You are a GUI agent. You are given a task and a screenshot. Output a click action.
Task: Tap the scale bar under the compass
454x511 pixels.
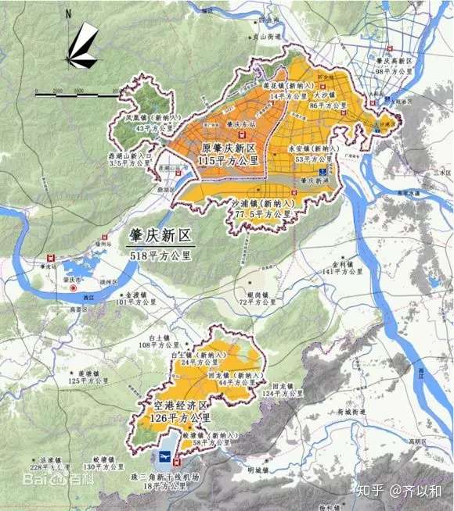tap(78, 94)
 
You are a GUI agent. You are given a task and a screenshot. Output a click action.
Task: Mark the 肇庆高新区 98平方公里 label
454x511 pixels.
tap(393, 66)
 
